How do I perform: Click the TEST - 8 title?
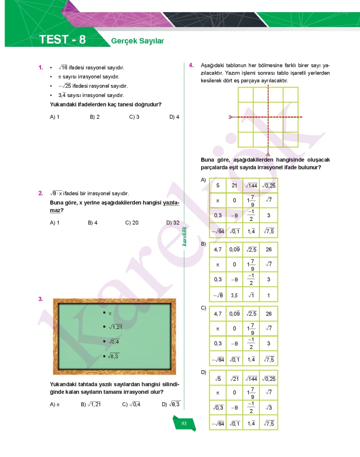tap(62, 40)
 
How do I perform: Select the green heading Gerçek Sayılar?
tap(138, 41)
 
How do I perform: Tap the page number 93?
tap(184, 423)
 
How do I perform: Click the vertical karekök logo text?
tap(184, 236)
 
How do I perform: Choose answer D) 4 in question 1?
tap(174, 117)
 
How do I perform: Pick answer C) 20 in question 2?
tap(132, 223)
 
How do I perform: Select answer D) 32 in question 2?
tap(173, 223)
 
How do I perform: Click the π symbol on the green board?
tap(110, 313)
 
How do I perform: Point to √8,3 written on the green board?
tap(113, 356)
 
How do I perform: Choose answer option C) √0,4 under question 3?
tap(131, 404)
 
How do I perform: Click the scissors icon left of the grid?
tap(230, 117)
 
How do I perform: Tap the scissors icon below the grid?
tap(268, 154)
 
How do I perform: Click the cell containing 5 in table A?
tap(218, 186)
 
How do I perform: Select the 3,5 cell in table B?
tap(234, 295)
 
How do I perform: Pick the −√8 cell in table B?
tap(218, 295)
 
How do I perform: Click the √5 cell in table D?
tap(218, 379)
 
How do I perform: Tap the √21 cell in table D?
tap(234, 379)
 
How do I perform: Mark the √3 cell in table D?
tap(269, 407)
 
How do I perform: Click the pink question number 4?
tap(192, 65)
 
